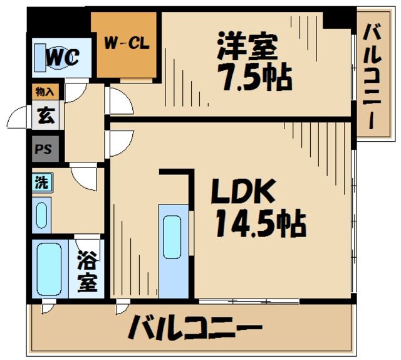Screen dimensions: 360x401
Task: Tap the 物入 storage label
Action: pos(45,92)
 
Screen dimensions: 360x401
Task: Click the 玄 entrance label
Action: pos(45,115)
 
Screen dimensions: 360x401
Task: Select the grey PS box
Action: pos(45,150)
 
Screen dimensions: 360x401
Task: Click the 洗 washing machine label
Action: pos(41,183)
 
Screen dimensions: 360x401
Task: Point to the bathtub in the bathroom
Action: pos(48,270)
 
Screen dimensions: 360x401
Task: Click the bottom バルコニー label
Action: pos(195,327)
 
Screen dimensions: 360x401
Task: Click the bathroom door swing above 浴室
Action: pos(86,243)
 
